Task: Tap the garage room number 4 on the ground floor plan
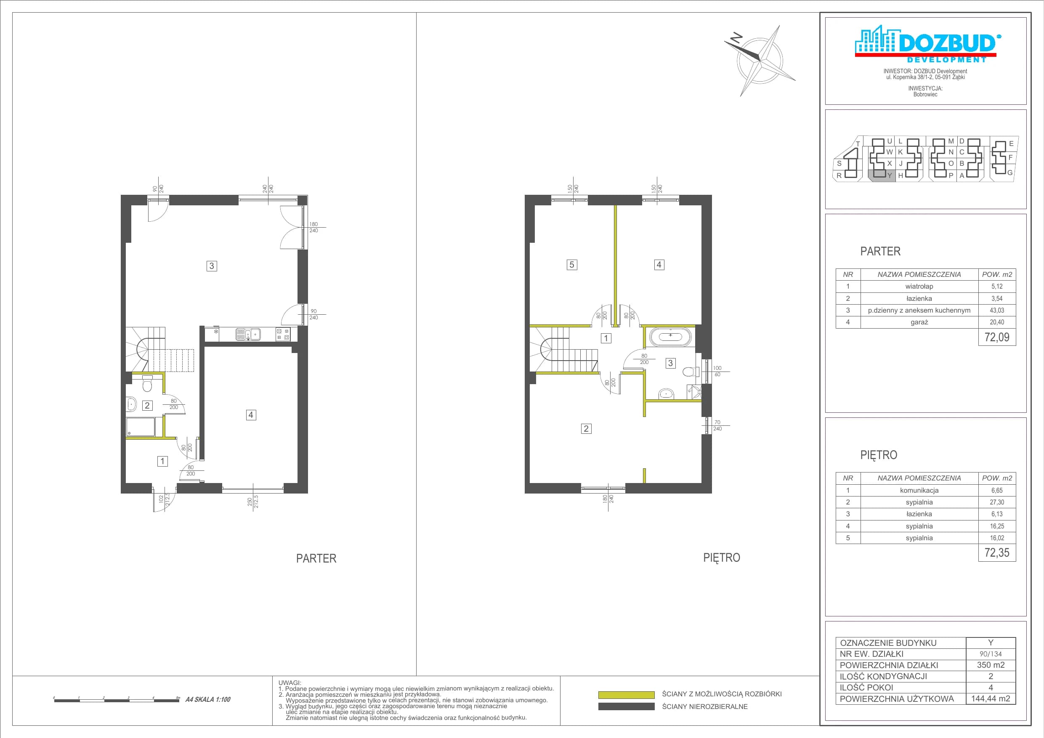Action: [250, 415]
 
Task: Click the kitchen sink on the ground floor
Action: [248, 334]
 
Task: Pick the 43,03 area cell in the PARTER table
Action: [997, 311]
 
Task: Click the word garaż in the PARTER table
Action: [919, 322]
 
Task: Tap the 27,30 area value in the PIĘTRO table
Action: [997, 502]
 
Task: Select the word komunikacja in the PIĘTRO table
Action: [919, 491]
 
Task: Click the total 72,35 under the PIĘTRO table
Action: [997, 552]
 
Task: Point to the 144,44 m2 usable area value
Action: [990, 698]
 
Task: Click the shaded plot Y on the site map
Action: [882, 175]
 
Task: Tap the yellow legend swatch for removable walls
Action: [626, 695]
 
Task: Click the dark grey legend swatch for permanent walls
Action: [626, 706]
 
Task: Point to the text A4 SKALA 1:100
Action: [208, 699]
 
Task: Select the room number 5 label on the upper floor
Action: [571, 265]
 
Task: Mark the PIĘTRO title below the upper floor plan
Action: [722, 558]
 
